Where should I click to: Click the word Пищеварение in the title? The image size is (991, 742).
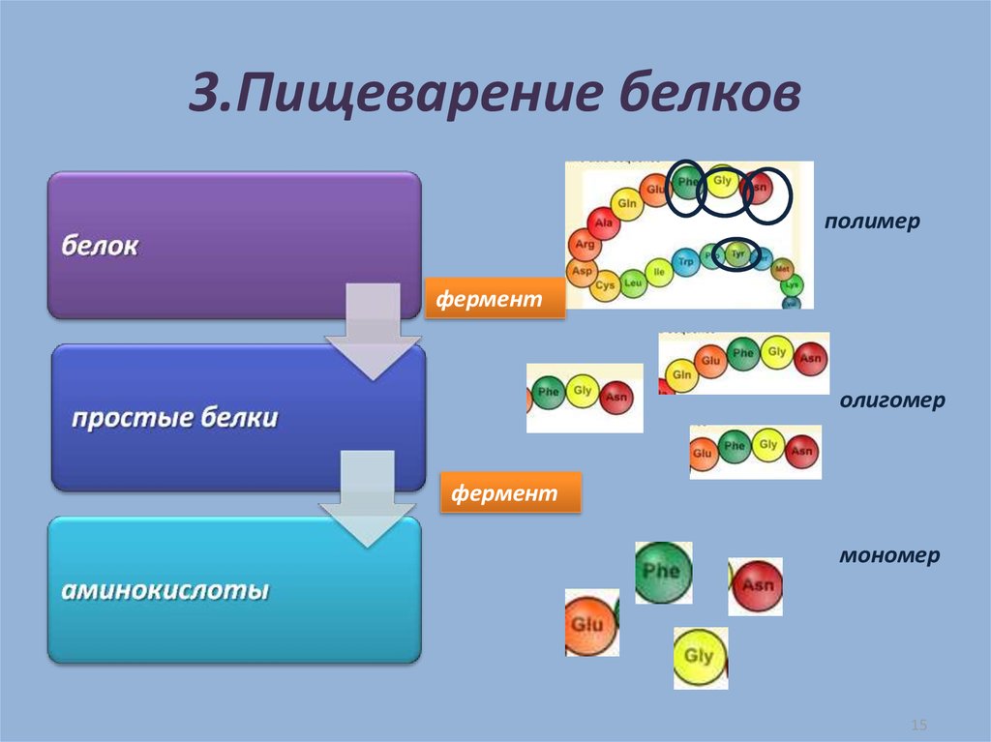(398, 98)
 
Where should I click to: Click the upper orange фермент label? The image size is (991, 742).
(495, 299)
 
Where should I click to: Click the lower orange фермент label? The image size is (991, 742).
(510, 493)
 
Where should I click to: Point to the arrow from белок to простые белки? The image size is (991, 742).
(373, 330)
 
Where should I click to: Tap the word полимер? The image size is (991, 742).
(872, 222)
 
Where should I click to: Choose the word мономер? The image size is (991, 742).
(889, 556)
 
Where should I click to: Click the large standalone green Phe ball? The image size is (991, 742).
(663, 572)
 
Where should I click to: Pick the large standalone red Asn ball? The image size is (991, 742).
(757, 586)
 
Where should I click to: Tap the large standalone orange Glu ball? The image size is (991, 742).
(589, 623)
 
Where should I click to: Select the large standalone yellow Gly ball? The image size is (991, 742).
(699, 656)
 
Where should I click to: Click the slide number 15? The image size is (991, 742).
(919, 725)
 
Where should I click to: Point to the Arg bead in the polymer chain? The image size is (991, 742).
(584, 245)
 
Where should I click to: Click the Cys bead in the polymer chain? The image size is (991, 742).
(605, 285)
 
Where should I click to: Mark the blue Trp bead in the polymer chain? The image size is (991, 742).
(686, 261)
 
